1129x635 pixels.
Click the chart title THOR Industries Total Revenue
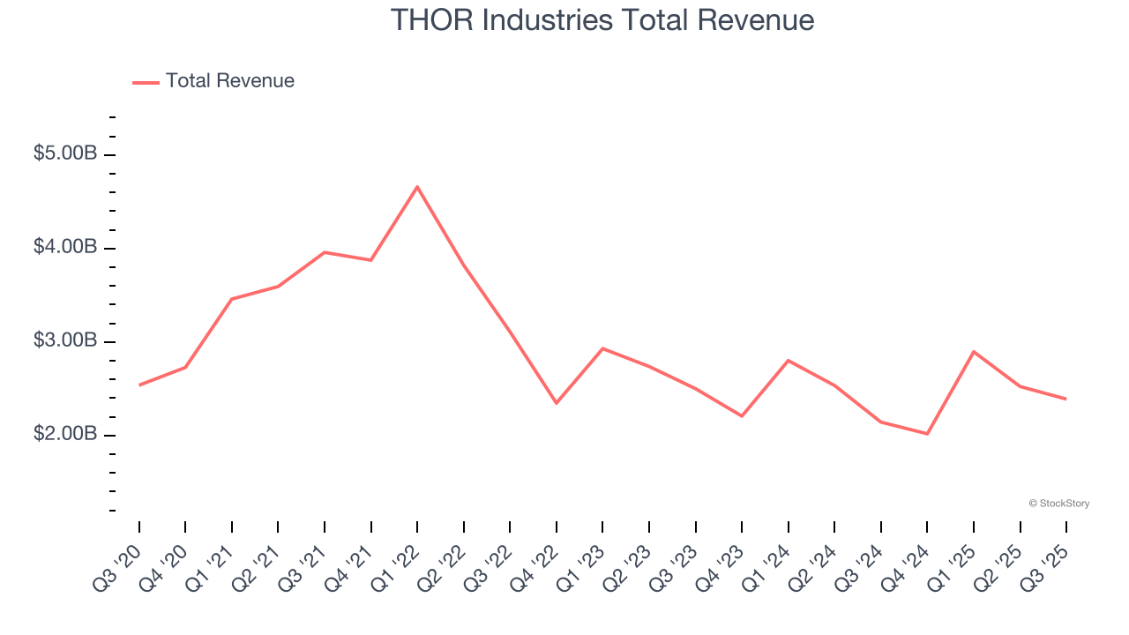pyautogui.click(x=602, y=19)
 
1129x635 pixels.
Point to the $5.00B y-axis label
pyautogui.click(x=65, y=153)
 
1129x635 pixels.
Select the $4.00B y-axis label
pyautogui.click(x=65, y=247)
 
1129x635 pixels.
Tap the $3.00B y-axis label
pyautogui.click(x=65, y=340)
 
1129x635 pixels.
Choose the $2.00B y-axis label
pyautogui.click(x=65, y=434)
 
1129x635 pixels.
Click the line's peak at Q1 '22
pyautogui.click(x=417, y=186)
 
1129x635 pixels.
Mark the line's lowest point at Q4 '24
pyautogui.click(x=927, y=434)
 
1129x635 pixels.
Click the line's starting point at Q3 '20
pyautogui.click(x=139, y=385)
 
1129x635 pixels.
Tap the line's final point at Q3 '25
pyautogui.click(x=1065, y=399)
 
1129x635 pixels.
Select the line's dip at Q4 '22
pyautogui.click(x=557, y=403)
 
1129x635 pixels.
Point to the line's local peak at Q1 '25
pyautogui.click(x=973, y=352)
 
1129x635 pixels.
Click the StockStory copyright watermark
pyautogui.click(x=1058, y=504)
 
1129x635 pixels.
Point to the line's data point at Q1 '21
pyautogui.click(x=232, y=299)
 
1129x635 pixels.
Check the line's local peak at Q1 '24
pyautogui.click(x=788, y=360)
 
